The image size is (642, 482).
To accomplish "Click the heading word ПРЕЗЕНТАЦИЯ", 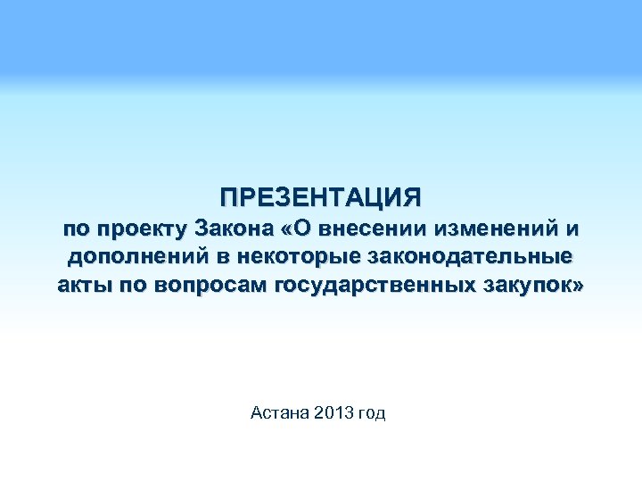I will click(321, 195).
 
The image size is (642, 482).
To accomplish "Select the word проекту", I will click(140, 229).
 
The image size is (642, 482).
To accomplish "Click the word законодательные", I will click(467, 258).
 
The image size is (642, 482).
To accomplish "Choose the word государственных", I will click(380, 287).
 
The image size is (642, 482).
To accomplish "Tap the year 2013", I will click(334, 412).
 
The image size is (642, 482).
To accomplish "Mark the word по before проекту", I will click(77, 229).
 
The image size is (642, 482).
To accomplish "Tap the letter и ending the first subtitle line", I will click(571, 229).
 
